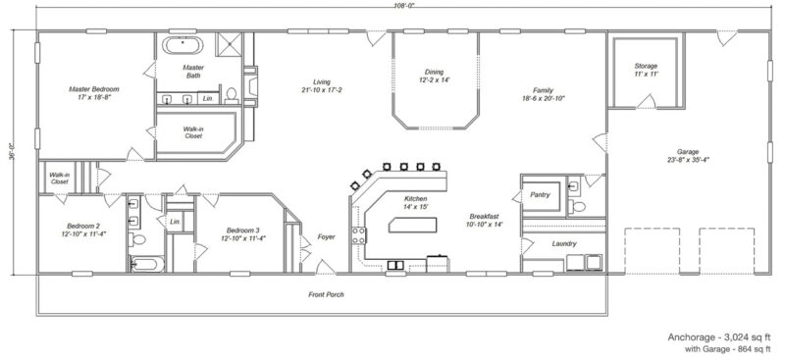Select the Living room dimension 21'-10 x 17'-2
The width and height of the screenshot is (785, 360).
click(322, 92)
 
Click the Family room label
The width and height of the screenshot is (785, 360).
click(543, 89)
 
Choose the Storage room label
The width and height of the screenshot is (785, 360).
click(645, 67)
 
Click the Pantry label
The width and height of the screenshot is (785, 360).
click(539, 195)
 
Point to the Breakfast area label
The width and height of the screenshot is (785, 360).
click(485, 216)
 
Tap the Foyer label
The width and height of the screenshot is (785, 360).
click(326, 236)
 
